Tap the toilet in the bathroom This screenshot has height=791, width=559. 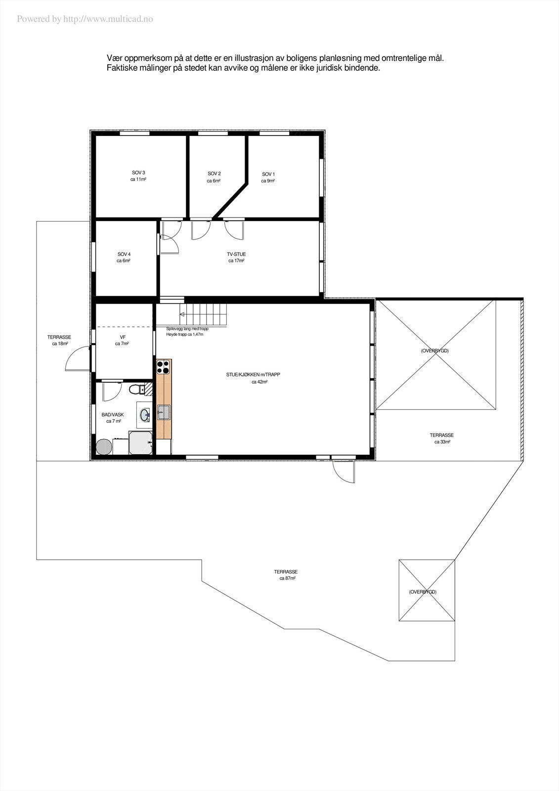coord(134,390)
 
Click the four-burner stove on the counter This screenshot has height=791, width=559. coord(164,367)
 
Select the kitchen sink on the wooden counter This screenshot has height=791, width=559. coord(163,412)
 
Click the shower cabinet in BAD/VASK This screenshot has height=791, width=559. coord(140,442)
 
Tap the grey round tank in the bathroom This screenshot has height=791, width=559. coord(104,447)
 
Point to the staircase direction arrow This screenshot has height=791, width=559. coord(182,314)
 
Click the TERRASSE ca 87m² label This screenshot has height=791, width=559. coord(287,574)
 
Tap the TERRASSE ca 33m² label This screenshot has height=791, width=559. coord(441,439)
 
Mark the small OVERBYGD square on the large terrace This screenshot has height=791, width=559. coord(427,590)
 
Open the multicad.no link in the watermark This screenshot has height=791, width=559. coord(108,19)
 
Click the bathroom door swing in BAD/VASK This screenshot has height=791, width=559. coord(112,392)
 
